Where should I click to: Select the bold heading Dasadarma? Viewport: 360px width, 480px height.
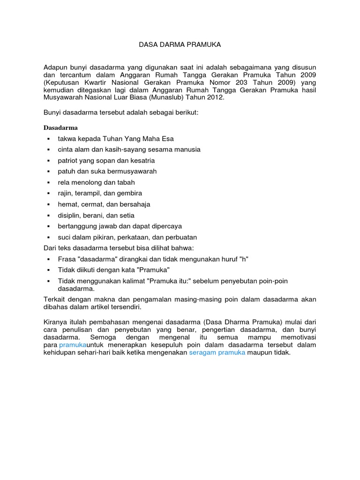tap(60, 127)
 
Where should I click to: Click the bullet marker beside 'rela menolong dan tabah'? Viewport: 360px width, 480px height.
tap(48, 183)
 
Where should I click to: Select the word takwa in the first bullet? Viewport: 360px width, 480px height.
tap(67, 139)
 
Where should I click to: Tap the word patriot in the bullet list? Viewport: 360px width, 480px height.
tap(68, 161)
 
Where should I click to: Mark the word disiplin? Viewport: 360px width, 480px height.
tap(69, 215)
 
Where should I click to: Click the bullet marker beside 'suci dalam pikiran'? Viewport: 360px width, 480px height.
tap(48, 238)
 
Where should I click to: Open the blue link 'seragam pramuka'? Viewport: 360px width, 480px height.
tap(217, 353)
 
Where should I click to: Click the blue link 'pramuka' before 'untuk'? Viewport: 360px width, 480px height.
tap(72, 345)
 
